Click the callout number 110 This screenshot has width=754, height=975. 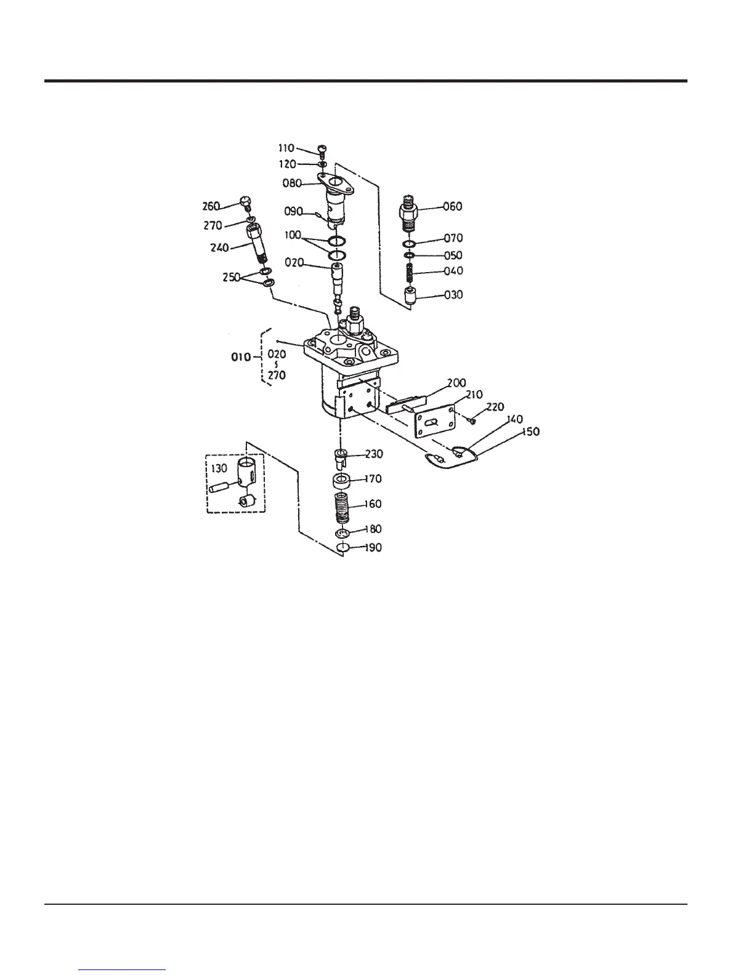286,148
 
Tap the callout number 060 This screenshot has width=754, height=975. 453,207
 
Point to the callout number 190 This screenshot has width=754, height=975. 373,548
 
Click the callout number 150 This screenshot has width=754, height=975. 530,431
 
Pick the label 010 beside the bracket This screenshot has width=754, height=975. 241,357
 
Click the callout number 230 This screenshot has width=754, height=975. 374,454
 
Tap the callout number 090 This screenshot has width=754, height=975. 293,211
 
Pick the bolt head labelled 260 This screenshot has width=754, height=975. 245,201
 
